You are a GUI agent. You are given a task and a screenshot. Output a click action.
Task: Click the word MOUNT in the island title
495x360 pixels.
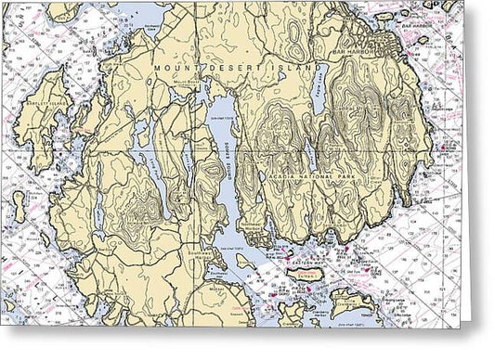pos(174,70)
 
